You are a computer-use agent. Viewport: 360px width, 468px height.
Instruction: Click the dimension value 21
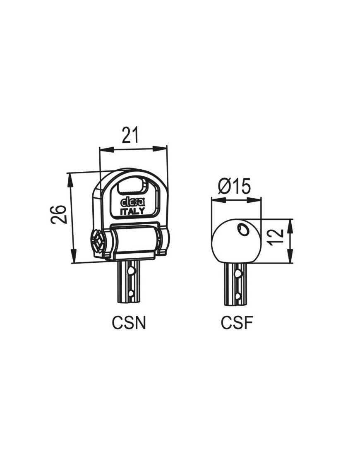(130, 135)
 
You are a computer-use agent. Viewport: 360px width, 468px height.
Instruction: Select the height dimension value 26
(58, 215)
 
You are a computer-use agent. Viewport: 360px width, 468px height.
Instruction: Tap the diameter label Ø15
(235, 187)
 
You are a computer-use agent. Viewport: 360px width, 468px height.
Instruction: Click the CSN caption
(129, 323)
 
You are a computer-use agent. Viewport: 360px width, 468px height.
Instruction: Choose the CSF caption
(237, 323)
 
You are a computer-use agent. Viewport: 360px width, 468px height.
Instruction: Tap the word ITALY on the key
(132, 211)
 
